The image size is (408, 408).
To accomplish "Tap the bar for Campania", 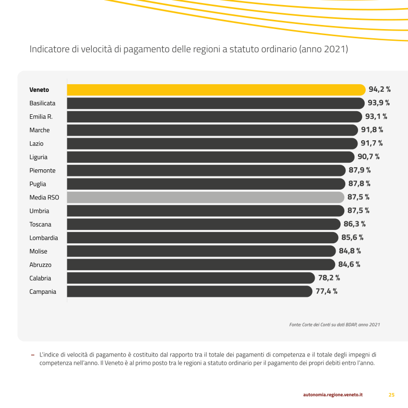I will (x=189, y=292).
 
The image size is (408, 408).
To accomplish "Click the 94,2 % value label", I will (x=379, y=90).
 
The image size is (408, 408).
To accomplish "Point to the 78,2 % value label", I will (x=329, y=278).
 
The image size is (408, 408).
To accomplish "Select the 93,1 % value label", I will (x=376, y=117).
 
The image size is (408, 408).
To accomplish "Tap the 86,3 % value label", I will (x=354, y=224).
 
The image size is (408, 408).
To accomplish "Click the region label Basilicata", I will (x=42, y=103).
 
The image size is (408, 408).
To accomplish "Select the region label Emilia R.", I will (x=41, y=117).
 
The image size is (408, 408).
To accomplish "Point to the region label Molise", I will (x=38, y=251).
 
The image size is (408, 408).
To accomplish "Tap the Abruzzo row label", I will (x=40, y=265).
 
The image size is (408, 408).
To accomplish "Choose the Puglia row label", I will (x=38, y=184).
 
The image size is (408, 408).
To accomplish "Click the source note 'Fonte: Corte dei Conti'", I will (x=334, y=324).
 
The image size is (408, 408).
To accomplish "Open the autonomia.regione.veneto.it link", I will (x=333, y=395).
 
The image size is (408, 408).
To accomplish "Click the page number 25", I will (x=392, y=395).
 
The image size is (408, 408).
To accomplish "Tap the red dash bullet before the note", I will (x=33, y=354).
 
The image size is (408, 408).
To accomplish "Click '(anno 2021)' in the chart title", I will (x=323, y=49).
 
